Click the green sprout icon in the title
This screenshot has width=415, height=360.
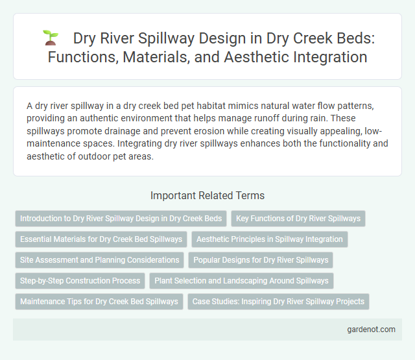click(51, 38)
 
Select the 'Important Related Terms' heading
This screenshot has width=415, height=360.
click(207, 195)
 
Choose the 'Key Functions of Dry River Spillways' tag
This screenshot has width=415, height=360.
click(298, 219)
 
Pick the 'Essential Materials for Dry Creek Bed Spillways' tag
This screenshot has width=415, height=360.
click(101, 239)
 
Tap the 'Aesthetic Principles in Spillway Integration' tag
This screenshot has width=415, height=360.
click(270, 239)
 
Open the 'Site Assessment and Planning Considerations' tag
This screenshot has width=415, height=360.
click(100, 260)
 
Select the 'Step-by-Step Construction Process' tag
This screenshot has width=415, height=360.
click(80, 281)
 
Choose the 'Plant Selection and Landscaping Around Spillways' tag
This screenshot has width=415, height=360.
click(241, 281)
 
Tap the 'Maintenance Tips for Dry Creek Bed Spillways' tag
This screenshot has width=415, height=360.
click(99, 302)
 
